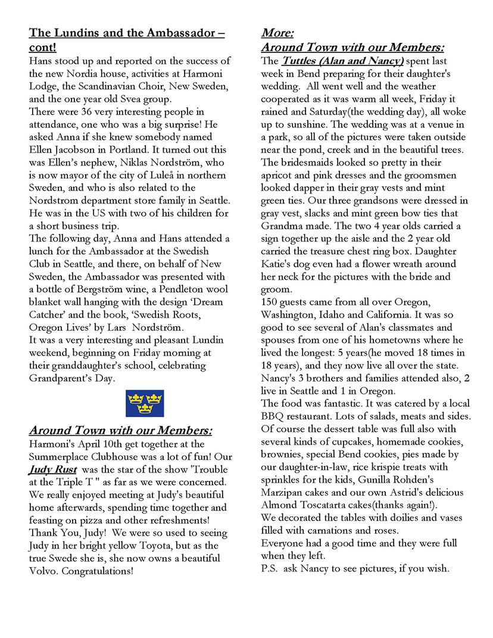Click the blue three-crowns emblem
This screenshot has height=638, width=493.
pyautogui.click(x=145, y=403)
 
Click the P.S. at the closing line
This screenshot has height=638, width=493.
pyautogui.click(x=270, y=568)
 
